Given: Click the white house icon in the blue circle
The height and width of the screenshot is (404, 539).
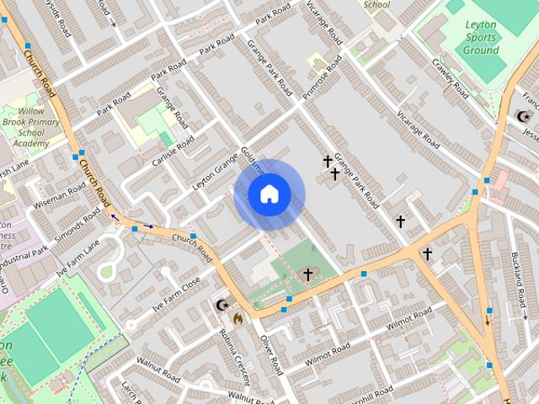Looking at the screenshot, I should (x=269, y=194).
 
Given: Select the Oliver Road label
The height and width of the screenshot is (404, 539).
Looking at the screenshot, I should (x=269, y=353).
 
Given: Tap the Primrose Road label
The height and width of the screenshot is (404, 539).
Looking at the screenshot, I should (x=323, y=77).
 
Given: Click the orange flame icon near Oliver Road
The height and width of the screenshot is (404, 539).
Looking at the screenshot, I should (x=238, y=318).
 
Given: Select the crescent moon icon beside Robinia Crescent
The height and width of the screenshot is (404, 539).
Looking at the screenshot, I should (x=223, y=305).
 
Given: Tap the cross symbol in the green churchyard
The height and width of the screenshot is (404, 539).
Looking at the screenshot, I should (x=308, y=274).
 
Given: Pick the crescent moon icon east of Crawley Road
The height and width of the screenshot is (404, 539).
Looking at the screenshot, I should (x=523, y=115).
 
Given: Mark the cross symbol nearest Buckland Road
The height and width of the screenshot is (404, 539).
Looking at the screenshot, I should (x=427, y=253).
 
